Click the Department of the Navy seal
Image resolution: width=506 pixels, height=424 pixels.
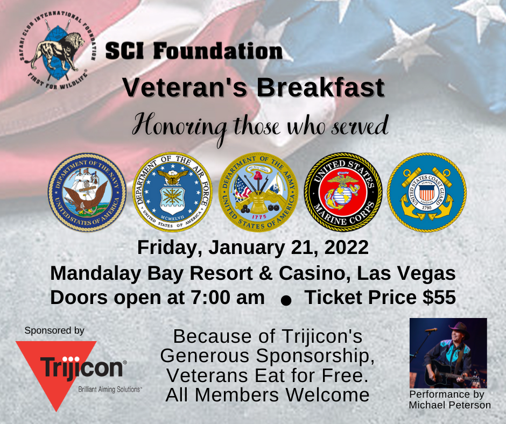pos(87,192)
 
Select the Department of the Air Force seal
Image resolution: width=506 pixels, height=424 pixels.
pos(172,192)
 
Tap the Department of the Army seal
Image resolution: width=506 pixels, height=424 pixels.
pos(258,192)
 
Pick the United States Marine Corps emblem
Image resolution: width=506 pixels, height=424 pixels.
pos(343,192)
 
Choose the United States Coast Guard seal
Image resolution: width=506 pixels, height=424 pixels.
pos(427,192)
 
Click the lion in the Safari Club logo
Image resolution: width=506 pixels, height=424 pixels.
pos(55,52)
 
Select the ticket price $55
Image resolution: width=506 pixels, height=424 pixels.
pos(439,297)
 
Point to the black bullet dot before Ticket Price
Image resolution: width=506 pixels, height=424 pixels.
pos(286,300)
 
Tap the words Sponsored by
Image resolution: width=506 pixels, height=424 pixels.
pos(54,331)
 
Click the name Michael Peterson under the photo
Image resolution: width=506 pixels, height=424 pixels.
pos(450,405)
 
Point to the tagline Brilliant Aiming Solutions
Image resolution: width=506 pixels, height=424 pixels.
pos(109,390)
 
